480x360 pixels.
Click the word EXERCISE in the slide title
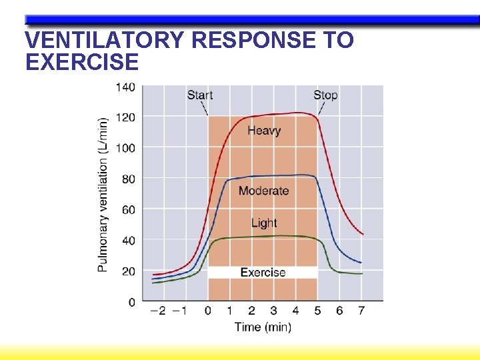81,62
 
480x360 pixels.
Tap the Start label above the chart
200,95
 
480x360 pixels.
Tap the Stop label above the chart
325,95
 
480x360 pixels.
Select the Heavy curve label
264,131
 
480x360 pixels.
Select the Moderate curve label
264,191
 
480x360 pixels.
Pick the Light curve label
264,223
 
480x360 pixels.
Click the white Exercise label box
263,272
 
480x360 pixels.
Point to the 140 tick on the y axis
125,87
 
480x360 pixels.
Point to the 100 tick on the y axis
125,148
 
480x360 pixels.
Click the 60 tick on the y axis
127,209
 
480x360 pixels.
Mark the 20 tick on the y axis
127,271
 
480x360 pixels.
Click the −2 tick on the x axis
159,311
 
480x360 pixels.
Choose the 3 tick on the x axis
273,311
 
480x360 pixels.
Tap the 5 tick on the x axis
317,311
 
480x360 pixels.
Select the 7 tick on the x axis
361,311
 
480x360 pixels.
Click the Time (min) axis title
263,327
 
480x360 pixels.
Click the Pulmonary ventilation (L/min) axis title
103,195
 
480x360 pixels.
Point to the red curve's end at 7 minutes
362,234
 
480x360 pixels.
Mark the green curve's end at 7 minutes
361,273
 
